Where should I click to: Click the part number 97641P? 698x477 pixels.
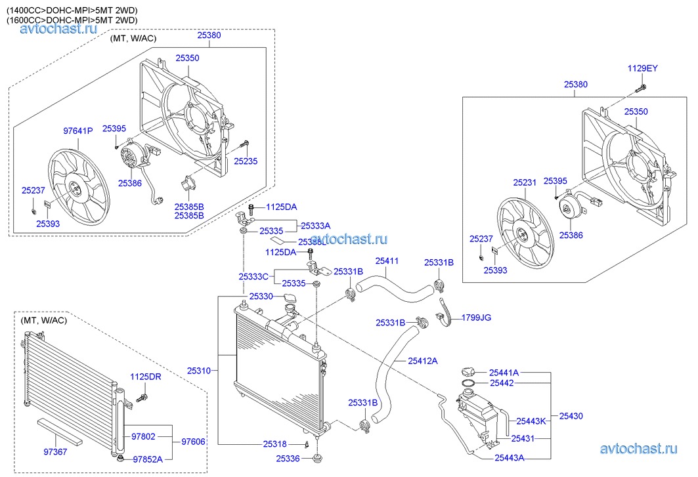(x=78, y=131)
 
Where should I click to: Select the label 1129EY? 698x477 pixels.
(x=642, y=68)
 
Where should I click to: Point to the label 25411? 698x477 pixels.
(x=387, y=260)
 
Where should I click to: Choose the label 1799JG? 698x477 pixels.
(x=476, y=318)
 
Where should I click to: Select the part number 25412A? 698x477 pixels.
(x=423, y=360)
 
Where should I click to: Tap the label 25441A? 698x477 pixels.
(x=504, y=372)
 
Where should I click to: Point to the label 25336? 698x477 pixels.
(x=288, y=458)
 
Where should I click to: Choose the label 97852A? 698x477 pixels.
(x=148, y=459)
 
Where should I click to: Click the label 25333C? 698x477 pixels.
(x=254, y=276)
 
